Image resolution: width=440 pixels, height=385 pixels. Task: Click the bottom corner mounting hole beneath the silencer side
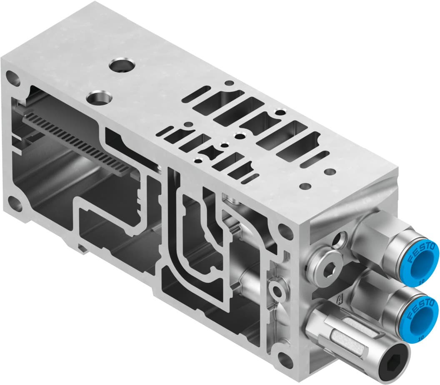[286, 359]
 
